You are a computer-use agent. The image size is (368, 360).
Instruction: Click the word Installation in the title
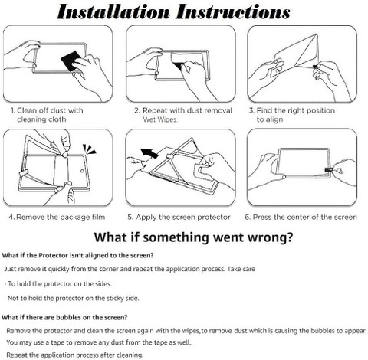(x=113, y=12)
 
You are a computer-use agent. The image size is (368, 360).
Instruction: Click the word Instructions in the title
(x=233, y=12)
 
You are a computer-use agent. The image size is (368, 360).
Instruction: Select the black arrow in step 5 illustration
(x=149, y=153)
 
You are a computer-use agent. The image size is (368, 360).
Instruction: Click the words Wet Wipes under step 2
(x=160, y=119)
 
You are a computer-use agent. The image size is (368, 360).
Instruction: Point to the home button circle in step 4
(x=82, y=171)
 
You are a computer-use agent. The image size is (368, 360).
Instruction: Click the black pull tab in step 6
(x=327, y=170)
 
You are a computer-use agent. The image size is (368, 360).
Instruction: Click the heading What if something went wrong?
(x=193, y=237)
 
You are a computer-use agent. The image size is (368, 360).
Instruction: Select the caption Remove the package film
(x=57, y=218)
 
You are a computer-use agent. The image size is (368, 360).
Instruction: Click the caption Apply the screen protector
(x=179, y=218)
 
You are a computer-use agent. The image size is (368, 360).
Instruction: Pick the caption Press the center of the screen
(x=301, y=218)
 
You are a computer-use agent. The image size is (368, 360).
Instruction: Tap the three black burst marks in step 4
(x=89, y=149)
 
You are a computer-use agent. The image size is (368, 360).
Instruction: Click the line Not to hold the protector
(x=73, y=298)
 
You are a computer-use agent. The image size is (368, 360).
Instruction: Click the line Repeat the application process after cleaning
(x=75, y=355)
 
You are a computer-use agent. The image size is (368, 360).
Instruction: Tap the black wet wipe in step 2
(x=179, y=65)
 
